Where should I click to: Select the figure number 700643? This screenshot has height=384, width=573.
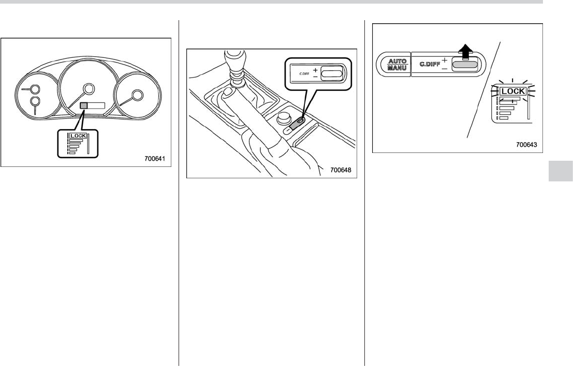pos(526,145)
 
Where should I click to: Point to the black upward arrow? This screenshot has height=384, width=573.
pos(467,52)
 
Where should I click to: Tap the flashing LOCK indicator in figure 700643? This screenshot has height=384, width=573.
pos(513,91)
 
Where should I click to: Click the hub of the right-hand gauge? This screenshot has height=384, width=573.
pos(137,95)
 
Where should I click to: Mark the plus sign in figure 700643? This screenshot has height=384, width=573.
pos(445,60)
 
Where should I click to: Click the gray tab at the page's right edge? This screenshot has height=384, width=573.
pos(560,171)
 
